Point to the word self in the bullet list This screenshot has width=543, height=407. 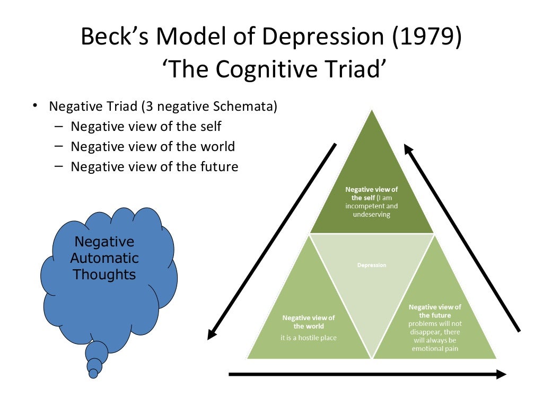pos(209,127)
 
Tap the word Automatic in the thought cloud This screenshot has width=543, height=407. pos(104,259)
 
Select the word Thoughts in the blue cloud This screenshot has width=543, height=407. pos(104,275)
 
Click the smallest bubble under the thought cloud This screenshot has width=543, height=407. pos(93,374)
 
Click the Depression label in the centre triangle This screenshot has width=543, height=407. pos(372,265)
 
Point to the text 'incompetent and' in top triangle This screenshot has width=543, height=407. pos(372,206)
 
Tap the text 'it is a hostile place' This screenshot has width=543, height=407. pos(309,338)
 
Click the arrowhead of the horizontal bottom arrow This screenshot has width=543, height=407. pos(501,374)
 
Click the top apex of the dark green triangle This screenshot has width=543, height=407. pos(372,110)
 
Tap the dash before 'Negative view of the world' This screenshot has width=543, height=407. pos(58,147)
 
